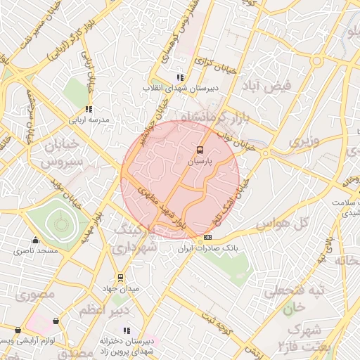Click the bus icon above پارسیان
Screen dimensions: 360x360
(199, 150)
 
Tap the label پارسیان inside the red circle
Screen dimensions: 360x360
(199, 161)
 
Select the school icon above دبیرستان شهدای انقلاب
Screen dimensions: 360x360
(180, 77)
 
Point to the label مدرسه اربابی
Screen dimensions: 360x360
(89, 120)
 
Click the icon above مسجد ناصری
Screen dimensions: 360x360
(36, 240)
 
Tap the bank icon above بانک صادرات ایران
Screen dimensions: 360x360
(206, 238)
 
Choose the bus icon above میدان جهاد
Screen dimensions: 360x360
(120, 277)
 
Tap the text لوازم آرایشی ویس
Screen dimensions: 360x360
(26, 340)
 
